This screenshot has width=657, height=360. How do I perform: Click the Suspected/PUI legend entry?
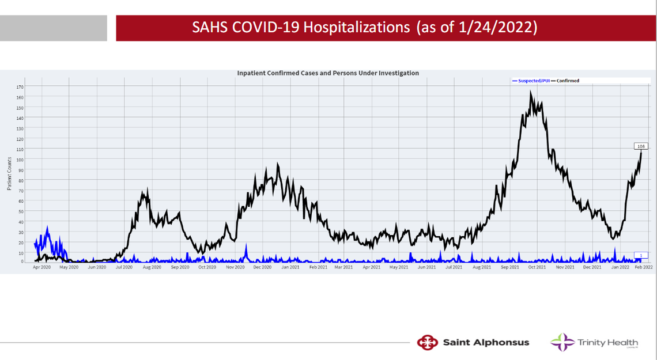tap(530, 81)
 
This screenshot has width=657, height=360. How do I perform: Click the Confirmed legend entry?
tap(568, 81)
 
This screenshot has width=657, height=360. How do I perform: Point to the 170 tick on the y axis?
tap(20, 87)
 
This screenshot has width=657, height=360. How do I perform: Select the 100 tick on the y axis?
tap(20, 160)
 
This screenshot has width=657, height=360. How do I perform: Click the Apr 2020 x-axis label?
tap(41, 267)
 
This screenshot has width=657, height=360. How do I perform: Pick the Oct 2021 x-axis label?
tap(537, 267)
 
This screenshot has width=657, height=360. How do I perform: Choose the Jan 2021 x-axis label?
tap(290, 267)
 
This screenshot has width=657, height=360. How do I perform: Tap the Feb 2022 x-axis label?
tap(644, 267)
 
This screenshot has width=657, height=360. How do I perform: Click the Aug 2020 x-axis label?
tap(152, 267)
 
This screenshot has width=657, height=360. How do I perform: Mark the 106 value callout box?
tap(641, 146)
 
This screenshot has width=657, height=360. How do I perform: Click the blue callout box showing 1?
tap(641, 255)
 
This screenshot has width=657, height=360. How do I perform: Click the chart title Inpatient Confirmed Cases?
tap(328, 73)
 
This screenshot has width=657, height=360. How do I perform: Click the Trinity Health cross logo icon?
tap(562, 342)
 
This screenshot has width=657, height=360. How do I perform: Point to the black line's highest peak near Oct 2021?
tap(530, 92)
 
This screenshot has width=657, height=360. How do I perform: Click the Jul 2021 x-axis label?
tap(454, 267)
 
